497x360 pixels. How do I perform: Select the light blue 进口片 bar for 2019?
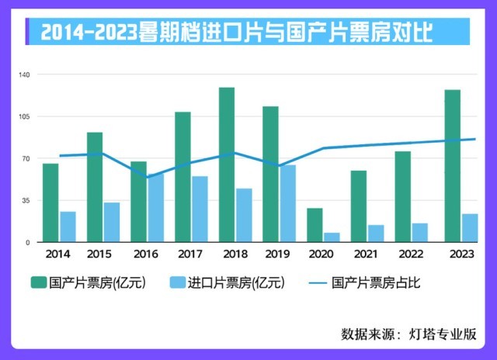(x=287, y=203)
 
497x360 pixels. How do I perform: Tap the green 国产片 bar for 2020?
(x=315, y=225)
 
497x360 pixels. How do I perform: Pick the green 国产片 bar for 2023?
(x=452, y=166)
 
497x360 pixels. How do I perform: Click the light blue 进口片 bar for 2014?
(x=68, y=227)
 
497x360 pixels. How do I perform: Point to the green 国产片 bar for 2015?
(x=95, y=187)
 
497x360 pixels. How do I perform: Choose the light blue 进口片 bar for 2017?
(x=200, y=209)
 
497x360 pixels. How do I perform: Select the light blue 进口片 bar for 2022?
(x=419, y=233)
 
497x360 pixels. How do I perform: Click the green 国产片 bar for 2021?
(x=358, y=206)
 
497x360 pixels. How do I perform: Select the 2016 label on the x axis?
(x=145, y=254)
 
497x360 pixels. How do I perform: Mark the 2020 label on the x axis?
(x=321, y=254)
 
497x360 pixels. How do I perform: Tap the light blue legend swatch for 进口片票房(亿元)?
(x=177, y=283)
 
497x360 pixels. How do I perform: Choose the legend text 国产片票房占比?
(x=376, y=283)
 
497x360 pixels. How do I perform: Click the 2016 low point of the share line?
(x=147, y=177)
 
